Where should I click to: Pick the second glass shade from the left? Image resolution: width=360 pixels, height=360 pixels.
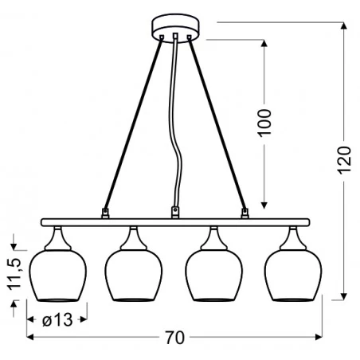click(x=134, y=275)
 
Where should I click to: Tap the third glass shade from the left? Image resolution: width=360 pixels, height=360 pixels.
click(x=213, y=275)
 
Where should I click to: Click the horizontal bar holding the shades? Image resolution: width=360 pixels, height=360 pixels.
click(x=174, y=221)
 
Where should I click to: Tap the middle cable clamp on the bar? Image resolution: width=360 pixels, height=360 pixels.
click(x=174, y=212)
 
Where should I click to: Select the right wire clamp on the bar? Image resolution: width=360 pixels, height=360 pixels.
click(x=245, y=213)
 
